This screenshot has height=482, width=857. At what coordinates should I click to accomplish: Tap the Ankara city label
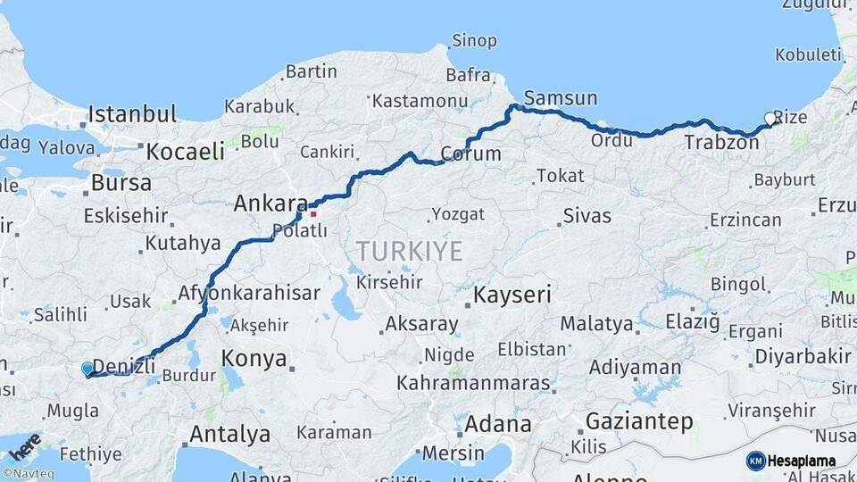pyautogui.click(x=270, y=204)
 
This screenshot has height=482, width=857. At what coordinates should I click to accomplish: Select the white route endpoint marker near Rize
pyautogui.click(x=770, y=118)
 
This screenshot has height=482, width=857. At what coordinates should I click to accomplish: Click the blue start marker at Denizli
pyautogui.click(x=87, y=368)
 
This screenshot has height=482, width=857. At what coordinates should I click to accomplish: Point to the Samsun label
pyautogui.click(x=561, y=98)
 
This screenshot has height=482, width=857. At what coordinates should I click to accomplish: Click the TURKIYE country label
pyautogui.click(x=410, y=252)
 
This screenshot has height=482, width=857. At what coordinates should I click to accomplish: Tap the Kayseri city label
pyautogui.click(x=512, y=295)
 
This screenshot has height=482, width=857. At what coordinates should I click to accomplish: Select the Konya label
pyautogui.click(x=254, y=359)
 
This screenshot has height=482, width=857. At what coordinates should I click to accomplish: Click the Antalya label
pyautogui.click(x=229, y=435)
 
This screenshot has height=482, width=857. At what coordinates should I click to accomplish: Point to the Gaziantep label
pyautogui.click(x=639, y=421)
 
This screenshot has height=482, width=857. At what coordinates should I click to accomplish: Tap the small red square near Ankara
pyautogui.click(x=312, y=213)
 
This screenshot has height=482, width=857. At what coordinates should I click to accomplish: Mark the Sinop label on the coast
pyautogui.click(x=474, y=40)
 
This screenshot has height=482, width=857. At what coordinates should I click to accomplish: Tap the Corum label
pyautogui.click(x=470, y=154)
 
